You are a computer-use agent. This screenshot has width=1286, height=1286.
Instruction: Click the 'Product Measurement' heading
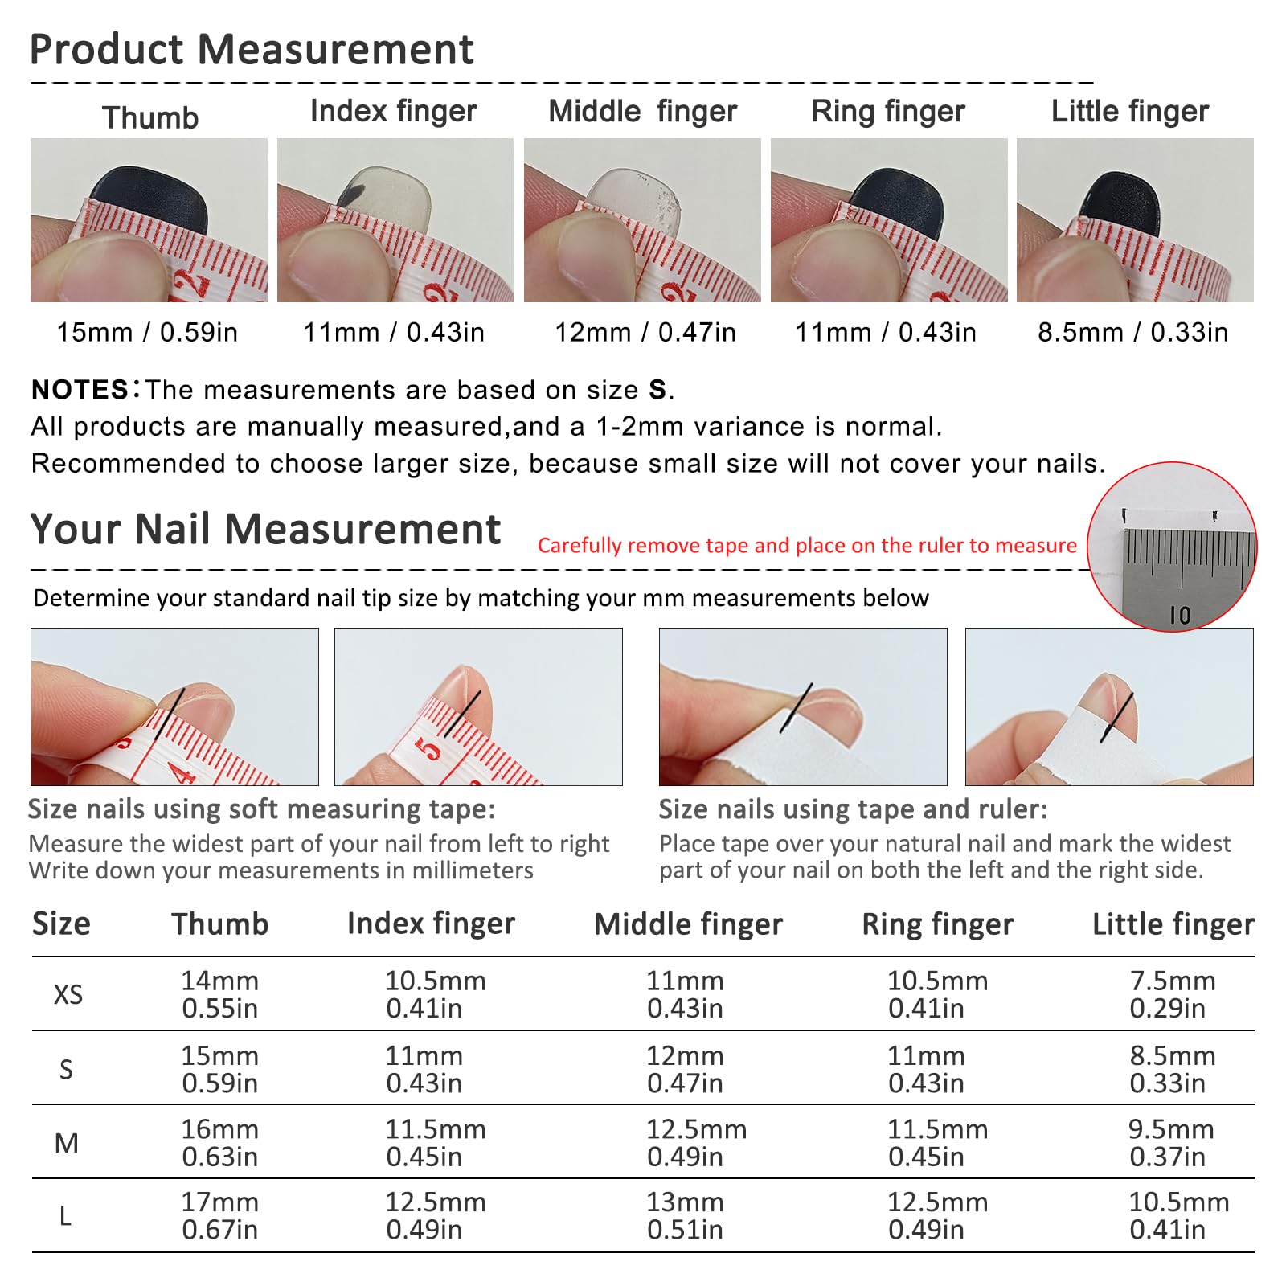(x=252, y=50)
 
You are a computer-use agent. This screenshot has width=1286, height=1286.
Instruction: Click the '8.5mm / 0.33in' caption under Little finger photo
(x=1132, y=332)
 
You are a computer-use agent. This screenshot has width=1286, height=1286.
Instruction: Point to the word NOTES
(x=80, y=390)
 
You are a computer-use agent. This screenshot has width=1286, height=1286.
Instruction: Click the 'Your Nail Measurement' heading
(x=265, y=530)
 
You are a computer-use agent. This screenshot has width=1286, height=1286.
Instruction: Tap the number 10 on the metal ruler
(x=1180, y=616)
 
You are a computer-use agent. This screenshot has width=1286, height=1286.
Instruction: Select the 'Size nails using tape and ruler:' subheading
(x=854, y=809)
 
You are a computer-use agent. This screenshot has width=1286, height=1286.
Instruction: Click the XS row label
(x=68, y=995)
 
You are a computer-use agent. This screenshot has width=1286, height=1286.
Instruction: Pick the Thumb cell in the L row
(x=220, y=1216)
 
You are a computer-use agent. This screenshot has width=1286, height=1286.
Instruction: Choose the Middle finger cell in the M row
(x=696, y=1143)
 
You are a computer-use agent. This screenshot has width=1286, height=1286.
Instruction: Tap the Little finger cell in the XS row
(x=1172, y=994)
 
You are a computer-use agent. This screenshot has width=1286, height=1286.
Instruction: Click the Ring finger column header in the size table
(x=938, y=925)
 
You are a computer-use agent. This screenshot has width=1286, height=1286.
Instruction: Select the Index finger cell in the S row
(x=424, y=1069)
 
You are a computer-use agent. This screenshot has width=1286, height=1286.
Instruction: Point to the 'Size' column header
(x=61, y=924)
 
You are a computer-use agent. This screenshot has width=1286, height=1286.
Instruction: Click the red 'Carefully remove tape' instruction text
(x=807, y=546)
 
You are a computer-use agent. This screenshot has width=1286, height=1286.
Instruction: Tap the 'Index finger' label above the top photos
(x=394, y=112)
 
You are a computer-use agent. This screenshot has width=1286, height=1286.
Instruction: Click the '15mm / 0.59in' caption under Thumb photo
(x=147, y=332)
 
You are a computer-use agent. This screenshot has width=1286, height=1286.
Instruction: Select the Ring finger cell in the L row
(x=937, y=1216)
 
